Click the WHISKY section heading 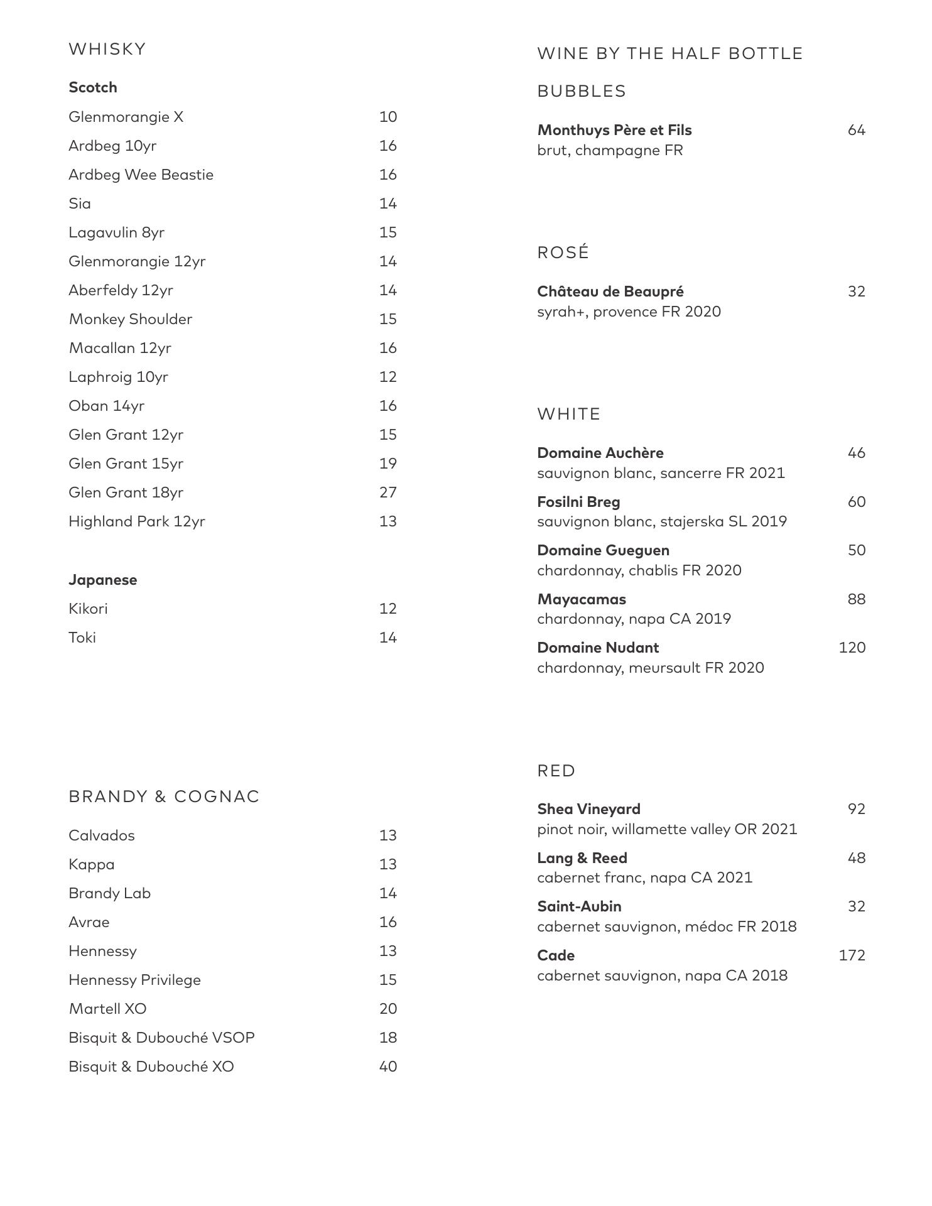(107, 49)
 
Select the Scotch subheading (93, 87)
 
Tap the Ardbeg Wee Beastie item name (141, 175)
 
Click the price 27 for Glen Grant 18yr (388, 492)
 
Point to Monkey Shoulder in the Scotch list (131, 319)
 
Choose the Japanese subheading (103, 580)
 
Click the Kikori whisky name (88, 609)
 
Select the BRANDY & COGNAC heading (164, 796)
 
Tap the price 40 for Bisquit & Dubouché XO (388, 1067)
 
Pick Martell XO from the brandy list (107, 1009)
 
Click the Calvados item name (102, 835)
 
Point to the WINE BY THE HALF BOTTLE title (670, 53)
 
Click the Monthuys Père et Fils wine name (614, 130)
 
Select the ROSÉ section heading (563, 253)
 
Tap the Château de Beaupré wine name (610, 291)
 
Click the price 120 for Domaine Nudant (852, 648)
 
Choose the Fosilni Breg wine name (578, 502)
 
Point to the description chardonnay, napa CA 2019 (634, 619)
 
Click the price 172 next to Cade (852, 955)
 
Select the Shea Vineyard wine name (588, 809)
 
